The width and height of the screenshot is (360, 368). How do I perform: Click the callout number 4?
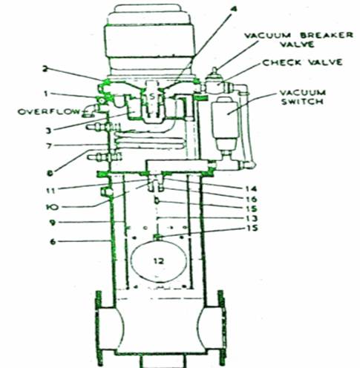[x=233, y=9]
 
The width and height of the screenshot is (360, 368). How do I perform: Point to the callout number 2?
[x=45, y=69]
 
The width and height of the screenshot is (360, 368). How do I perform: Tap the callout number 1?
[x=46, y=94]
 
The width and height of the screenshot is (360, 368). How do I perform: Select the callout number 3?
[x=49, y=131]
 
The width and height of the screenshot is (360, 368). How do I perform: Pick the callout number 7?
[x=49, y=146]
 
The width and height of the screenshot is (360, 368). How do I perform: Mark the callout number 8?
[x=50, y=174]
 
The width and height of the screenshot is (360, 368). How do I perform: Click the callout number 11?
[x=50, y=191]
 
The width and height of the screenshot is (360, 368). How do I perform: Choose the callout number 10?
[x=52, y=207]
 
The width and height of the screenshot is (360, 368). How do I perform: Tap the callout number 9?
[x=52, y=223]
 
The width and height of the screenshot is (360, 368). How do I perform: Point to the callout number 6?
[x=53, y=242]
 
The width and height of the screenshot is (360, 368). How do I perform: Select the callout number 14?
[x=251, y=189]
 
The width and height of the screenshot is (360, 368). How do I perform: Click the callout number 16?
[x=252, y=200]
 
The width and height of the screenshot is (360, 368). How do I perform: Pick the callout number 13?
[x=252, y=219]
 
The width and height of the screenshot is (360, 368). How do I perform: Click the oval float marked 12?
[x=159, y=260]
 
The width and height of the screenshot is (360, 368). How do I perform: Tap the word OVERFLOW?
[x=49, y=112]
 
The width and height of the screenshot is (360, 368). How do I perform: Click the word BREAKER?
[x=327, y=35]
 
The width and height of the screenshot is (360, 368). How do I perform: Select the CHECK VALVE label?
[x=302, y=62]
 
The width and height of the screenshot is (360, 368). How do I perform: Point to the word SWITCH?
[x=302, y=102]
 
